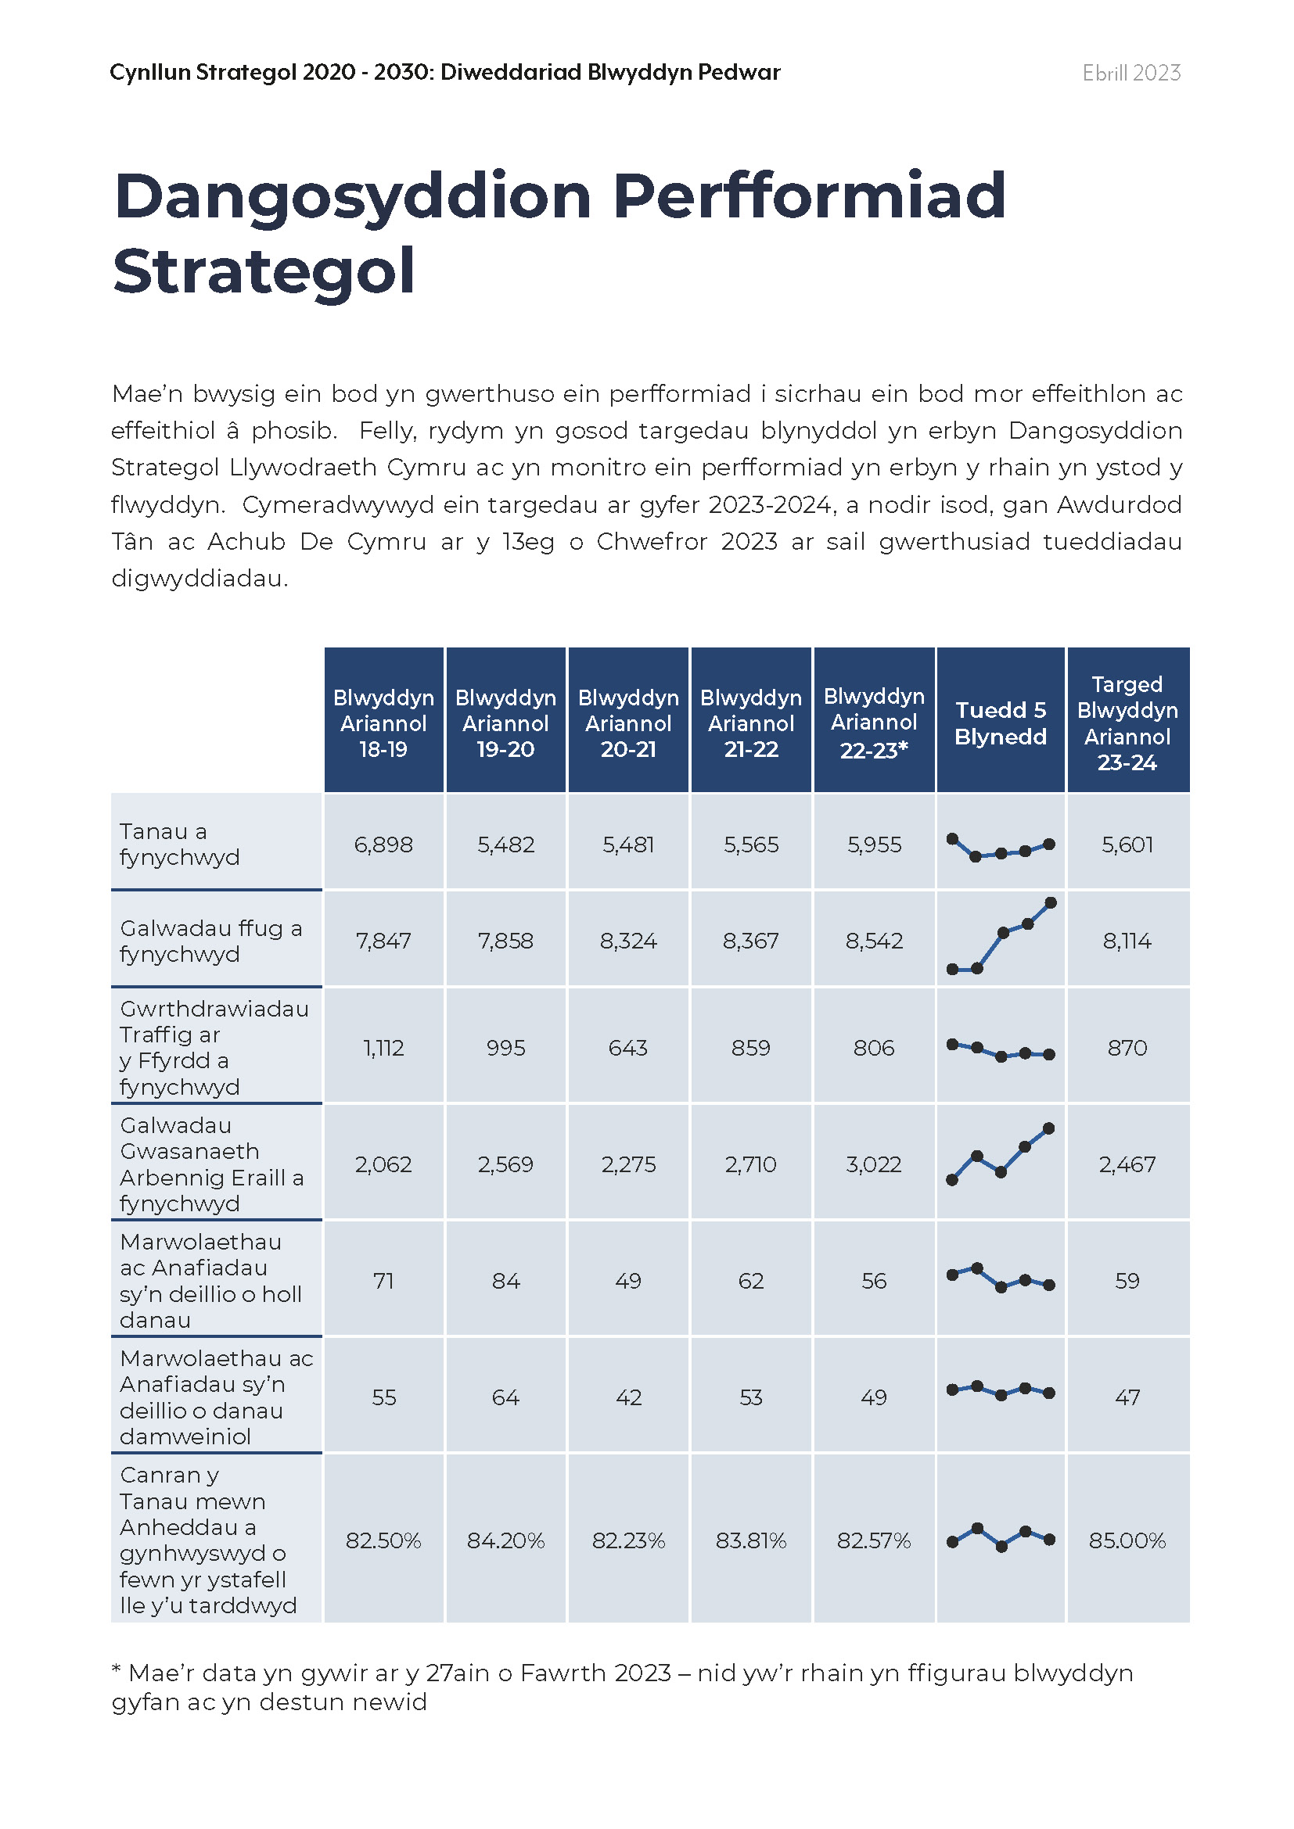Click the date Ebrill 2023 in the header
[1130, 73]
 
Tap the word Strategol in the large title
[264, 271]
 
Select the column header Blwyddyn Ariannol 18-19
[383, 723]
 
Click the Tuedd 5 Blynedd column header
[1000, 723]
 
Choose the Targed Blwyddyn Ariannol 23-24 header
[1127, 723]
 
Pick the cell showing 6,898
[383, 845]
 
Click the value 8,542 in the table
[874, 941]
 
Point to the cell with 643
[628, 1048]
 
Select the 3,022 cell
[874, 1164]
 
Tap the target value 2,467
[1127, 1164]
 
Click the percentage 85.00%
[1127, 1540]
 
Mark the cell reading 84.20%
[506, 1540]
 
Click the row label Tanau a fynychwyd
[179, 845]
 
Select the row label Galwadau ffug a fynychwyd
[211, 941]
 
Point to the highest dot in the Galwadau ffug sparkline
[1050, 902]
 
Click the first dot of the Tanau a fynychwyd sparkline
[952, 838]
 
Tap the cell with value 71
[383, 1281]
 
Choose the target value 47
[1127, 1397]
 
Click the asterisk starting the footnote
[117, 1666]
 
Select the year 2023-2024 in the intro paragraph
[769, 505]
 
